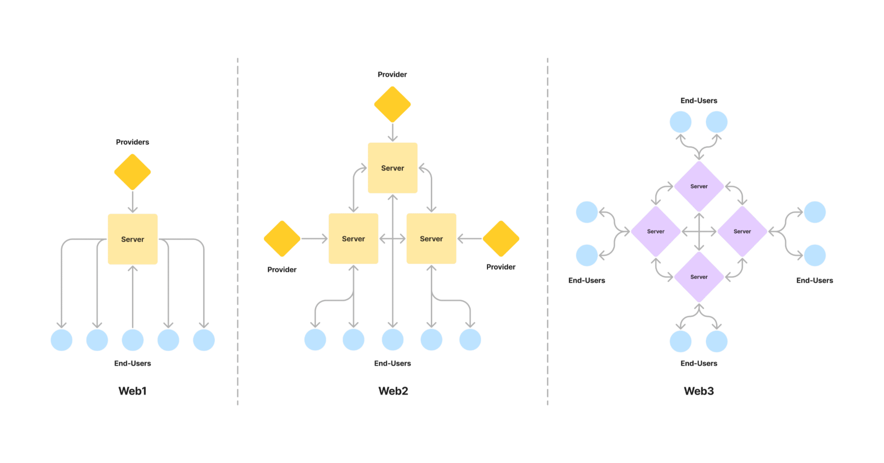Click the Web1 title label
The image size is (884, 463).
pyautogui.click(x=133, y=391)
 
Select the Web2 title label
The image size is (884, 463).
pyautogui.click(x=393, y=391)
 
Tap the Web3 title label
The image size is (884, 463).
pyautogui.click(x=699, y=391)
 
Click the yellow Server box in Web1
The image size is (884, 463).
pyautogui.click(x=133, y=239)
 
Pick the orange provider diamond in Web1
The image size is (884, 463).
pyautogui.click(x=132, y=172)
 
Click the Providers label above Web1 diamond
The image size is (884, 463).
pyautogui.click(x=133, y=142)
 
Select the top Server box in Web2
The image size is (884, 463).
pyautogui.click(x=392, y=168)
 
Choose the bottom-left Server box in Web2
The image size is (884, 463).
pyautogui.click(x=353, y=239)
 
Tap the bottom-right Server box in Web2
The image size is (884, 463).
pyautogui.click(x=431, y=239)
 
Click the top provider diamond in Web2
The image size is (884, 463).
pyautogui.click(x=392, y=104)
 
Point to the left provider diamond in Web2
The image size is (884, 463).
pyautogui.click(x=282, y=239)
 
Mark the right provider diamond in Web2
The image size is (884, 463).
pyautogui.click(x=501, y=239)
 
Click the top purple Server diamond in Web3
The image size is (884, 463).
pyautogui.click(x=699, y=186)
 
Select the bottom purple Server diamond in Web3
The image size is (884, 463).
pyautogui.click(x=699, y=277)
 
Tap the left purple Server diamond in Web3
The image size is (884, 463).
pyautogui.click(x=656, y=231)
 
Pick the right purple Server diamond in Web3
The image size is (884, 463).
pyautogui.click(x=742, y=231)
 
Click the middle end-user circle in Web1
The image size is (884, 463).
pyautogui.click(x=133, y=340)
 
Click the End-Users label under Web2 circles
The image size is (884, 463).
pyautogui.click(x=393, y=363)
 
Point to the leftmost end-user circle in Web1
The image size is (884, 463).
pyautogui.click(x=62, y=340)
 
